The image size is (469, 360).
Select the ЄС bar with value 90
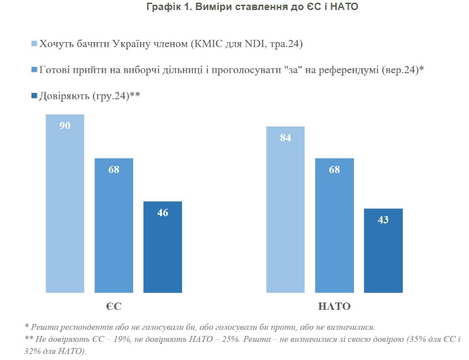[x=65, y=214]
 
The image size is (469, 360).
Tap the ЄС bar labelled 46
[x=163, y=254]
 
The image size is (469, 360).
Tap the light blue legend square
[x=35, y=45]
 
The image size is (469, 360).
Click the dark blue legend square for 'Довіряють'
[x=35, y=96]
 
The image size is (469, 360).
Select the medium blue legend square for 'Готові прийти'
[x=35, y=70]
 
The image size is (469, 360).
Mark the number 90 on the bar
[x=65, y=126]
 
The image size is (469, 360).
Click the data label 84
[x=286, y=138]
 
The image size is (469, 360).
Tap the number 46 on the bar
[x=163, y=213]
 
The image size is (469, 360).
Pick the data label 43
[x=383, y=219]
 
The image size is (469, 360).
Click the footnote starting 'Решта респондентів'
[x=201, y=327]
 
